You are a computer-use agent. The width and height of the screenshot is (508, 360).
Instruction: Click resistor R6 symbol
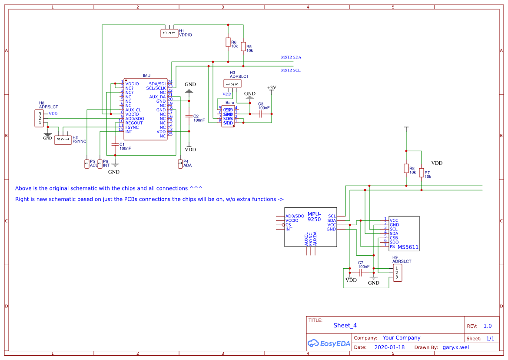(x=228, y=42)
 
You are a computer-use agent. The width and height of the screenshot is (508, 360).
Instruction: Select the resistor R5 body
(x=243, y=46)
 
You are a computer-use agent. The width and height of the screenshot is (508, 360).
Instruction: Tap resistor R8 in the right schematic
(x=406, y=168)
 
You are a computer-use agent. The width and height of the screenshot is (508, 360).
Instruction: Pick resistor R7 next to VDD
(x=422, y=173)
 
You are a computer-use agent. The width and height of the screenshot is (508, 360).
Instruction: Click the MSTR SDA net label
(x=291, y=57)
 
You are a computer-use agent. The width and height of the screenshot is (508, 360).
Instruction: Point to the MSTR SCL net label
(x=291, y=70)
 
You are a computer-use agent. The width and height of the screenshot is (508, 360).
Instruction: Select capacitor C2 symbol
(x=189, y=116)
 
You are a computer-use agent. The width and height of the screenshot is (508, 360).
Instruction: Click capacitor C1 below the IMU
(x=115, y=144)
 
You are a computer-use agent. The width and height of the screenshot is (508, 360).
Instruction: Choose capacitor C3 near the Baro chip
(x=261, y=114)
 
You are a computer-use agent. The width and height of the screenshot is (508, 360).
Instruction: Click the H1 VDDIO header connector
(x=169, y=33)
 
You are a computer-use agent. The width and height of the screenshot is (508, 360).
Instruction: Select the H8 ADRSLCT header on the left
(x=40, y=118)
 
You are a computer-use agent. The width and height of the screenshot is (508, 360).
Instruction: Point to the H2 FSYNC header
(x=63, y=140)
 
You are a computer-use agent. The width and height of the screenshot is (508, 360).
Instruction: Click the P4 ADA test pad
(x=180, y=163)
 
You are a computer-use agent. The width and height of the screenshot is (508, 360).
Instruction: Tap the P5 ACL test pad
(x=86, y=164)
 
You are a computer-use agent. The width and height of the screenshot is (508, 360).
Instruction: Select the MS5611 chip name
(x=408, y=247)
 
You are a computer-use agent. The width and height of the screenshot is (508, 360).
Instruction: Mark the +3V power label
(x=272, y=87)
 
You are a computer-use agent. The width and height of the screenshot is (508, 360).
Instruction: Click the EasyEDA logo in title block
(x=329, y=343)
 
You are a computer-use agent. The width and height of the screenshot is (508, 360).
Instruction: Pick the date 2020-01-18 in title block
(x=389, y=347)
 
